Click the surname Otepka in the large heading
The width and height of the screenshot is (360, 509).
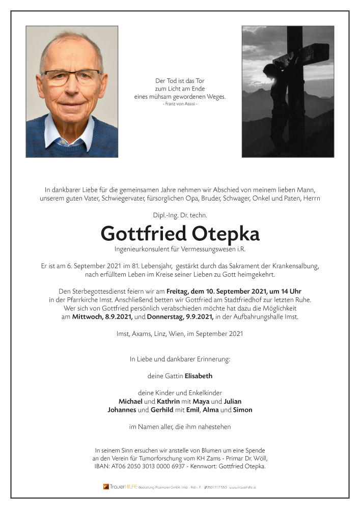pyautogui.click(x=226, y=234)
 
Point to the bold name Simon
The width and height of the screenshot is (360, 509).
pyautogui.click(x=242, y=410)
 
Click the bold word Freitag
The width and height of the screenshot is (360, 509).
pyautogui.click(x=178, y=292)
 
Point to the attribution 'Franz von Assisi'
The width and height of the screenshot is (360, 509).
pyautogui.click(x=180, y=104)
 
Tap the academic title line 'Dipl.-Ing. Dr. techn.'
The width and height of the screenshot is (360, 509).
pyautogui.click(x=180, y=215)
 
